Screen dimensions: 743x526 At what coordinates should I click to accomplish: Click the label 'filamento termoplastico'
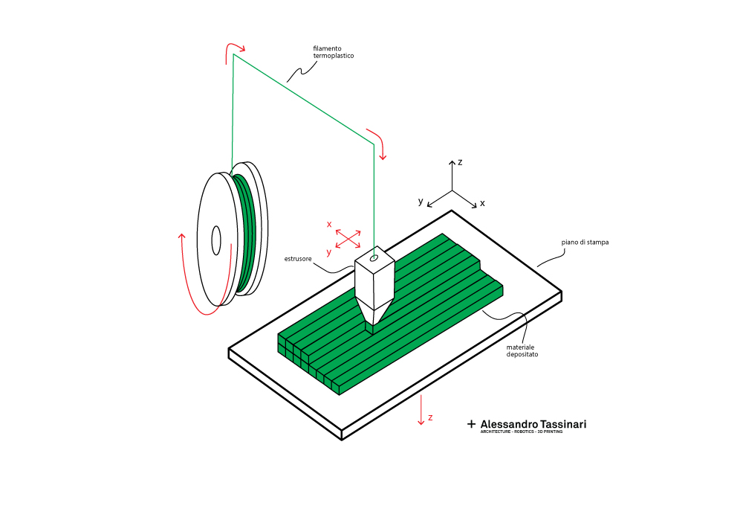333,52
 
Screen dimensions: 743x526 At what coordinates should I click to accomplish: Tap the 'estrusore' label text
298,259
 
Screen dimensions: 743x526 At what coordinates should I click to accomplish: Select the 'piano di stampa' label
585,243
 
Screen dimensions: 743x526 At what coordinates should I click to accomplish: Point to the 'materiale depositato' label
522,351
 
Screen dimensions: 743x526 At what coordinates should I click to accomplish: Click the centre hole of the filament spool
216,240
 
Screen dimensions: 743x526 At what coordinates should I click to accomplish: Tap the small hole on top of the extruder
374,258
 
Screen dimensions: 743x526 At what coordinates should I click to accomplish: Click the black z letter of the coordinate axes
460,162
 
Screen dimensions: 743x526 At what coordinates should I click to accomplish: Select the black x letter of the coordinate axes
482,203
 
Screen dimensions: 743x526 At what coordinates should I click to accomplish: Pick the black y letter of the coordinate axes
421,202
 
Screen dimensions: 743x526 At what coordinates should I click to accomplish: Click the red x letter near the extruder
329,225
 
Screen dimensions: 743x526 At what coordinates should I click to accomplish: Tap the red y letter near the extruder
329,252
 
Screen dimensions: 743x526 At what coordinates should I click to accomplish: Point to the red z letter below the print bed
430,417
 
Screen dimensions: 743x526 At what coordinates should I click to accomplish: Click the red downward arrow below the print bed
421,410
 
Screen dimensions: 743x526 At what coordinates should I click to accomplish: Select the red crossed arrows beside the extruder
348,239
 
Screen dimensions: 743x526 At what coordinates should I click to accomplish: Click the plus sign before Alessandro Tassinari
471,424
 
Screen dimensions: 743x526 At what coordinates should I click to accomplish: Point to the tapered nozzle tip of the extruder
370,328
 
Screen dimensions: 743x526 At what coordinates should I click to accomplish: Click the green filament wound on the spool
245,232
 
